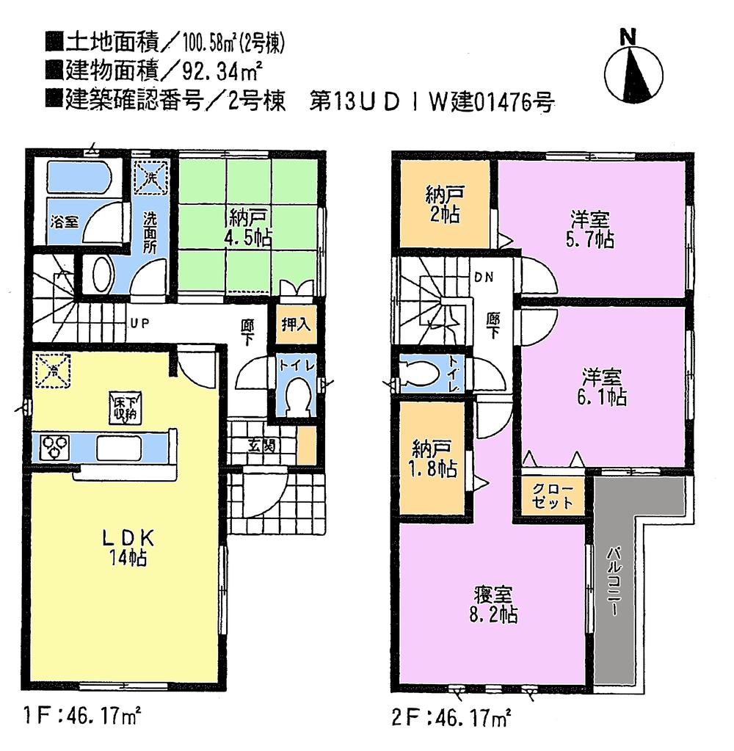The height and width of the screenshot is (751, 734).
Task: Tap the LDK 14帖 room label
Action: [125, 545]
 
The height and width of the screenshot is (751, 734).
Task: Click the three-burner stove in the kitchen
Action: [56, 446]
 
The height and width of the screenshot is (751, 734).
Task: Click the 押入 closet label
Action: [296, 324]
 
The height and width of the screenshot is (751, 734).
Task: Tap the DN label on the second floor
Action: [483, 277]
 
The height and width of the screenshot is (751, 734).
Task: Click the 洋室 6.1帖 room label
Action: [603, 388]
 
